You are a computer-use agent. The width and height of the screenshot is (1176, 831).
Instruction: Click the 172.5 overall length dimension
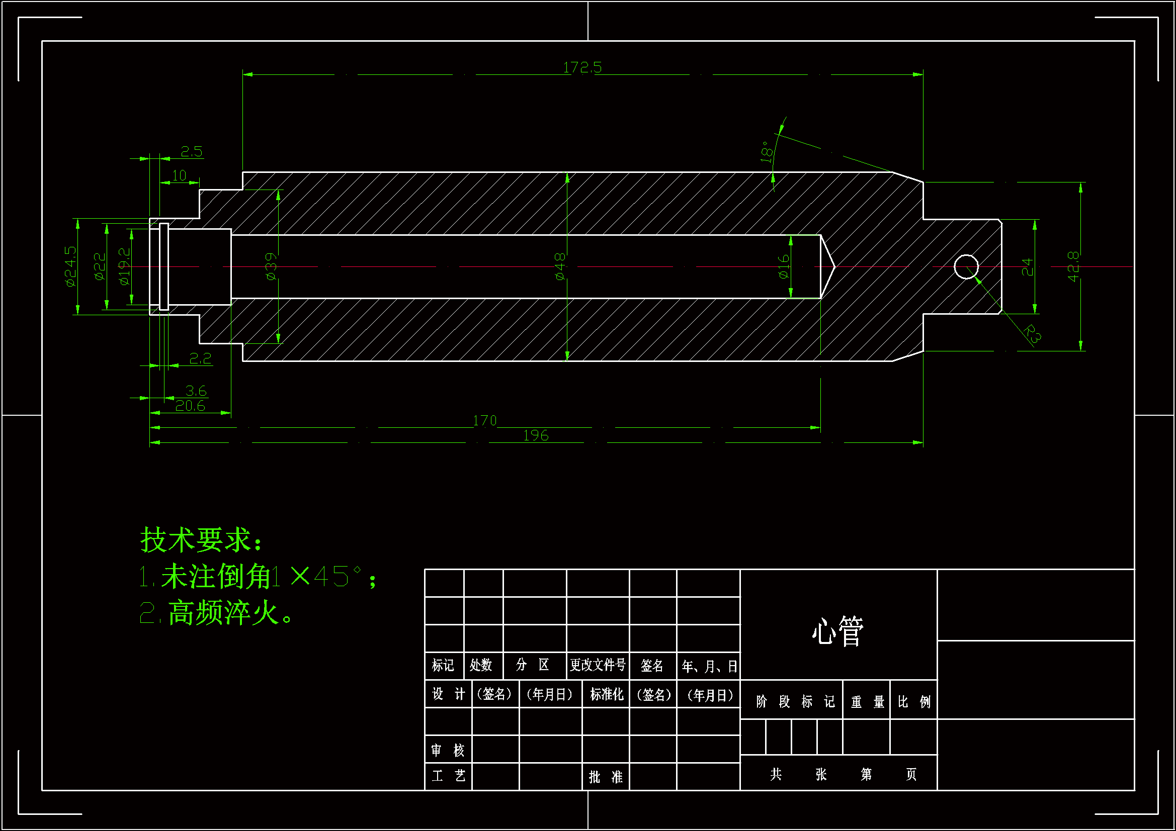(582, 67)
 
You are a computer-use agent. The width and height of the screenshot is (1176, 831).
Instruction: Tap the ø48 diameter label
(560, 266)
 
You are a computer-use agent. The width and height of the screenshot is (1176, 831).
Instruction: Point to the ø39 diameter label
(271, 266)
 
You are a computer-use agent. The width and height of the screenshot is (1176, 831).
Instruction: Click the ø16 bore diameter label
(784, 267)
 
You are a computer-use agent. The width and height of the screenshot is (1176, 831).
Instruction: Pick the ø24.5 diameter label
(71, 266)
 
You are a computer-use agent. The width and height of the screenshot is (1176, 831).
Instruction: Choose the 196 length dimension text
(536, 436)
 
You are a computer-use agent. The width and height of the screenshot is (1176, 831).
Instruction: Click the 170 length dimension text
(484, 421)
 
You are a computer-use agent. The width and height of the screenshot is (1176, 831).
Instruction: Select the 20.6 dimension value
(190, 406)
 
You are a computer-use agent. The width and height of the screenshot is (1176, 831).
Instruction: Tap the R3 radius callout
(1033, 334)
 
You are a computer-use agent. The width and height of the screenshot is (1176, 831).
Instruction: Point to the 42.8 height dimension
(1073, 266)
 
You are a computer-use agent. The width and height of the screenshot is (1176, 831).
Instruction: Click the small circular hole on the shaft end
(966, 267)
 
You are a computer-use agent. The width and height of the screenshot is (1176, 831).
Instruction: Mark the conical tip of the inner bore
(829, 266)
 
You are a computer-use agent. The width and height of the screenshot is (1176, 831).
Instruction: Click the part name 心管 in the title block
(838, 631)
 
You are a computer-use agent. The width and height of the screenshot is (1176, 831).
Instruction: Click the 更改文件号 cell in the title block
(598, 665)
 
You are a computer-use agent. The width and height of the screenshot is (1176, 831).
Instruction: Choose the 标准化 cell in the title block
(607, 695)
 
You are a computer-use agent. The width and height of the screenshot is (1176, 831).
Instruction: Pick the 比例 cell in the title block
(914, 701)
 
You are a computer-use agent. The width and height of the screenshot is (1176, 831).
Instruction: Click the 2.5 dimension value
(192, 151)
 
